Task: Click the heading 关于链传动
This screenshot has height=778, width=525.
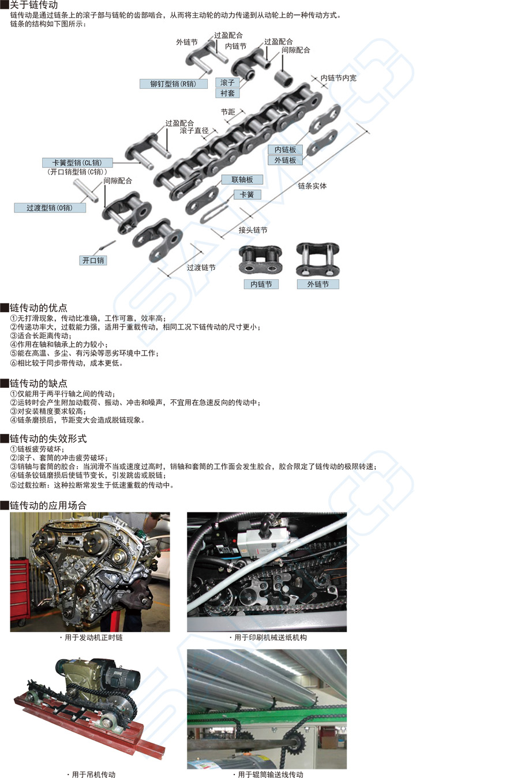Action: [33, 5]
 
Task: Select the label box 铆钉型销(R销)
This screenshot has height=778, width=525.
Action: [174, 84]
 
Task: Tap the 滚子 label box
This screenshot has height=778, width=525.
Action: [227, 83]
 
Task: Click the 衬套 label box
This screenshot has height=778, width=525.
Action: [227, 93]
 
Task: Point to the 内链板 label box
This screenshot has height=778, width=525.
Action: [285, 149]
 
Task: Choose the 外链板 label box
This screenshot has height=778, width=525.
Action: [285, 160]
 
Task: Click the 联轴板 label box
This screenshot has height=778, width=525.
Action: [242, 179]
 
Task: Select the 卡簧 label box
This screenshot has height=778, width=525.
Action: [247, 194]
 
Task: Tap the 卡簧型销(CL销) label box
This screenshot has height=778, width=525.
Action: [77, 163]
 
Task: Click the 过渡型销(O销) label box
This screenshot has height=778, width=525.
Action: [50, 208]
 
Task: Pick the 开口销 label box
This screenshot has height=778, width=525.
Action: [93, 260]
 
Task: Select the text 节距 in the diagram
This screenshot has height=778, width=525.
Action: [228, 112]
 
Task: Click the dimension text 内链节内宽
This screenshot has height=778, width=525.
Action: [339, 78]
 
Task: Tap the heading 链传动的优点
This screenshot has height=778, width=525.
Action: [38, 308]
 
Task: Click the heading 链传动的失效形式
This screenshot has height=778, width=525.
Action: [48, 439]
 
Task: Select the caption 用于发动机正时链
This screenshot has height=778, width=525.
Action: [93, 638]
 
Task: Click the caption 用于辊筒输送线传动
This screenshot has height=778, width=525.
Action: [270, 775]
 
